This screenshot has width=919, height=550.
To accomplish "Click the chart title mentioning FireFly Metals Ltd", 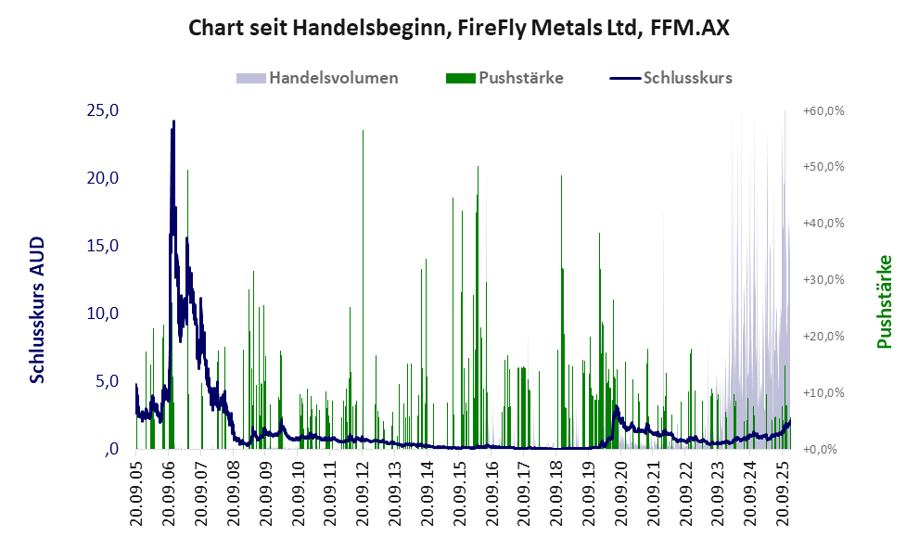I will (x=459, y=27).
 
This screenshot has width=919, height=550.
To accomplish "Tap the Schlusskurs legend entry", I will (x=687, y=78).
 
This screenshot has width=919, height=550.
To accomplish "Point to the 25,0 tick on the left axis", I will (x=103, y=110).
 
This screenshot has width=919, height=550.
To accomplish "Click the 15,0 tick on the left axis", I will (x=103, y=246).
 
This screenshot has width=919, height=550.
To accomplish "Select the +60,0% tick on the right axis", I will (x=823, y=110).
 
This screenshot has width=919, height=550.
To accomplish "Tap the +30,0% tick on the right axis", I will (x=823, y=279).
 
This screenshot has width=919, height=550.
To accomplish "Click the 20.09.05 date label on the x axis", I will (x=137, y=495).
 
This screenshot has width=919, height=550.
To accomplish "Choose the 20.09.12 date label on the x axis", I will (x=364, y=495).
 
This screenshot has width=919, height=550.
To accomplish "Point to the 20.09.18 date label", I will (x=557, y=495).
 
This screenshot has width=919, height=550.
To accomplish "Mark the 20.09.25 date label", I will (x=784, y=495).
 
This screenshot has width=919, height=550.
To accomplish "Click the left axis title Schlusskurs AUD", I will (x=38, y=310).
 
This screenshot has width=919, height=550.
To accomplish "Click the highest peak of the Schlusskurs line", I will (x=173, y=122).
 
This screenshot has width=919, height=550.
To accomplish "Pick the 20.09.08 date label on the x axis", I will (x=234, y=495).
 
